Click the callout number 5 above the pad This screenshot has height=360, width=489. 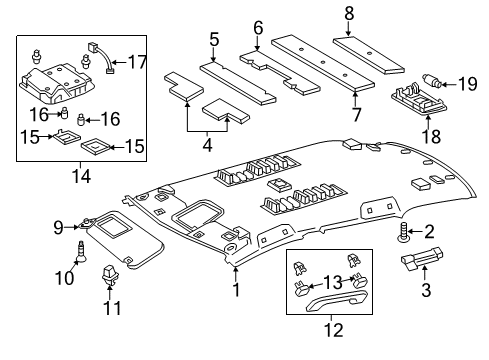click(x=213, y=39)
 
